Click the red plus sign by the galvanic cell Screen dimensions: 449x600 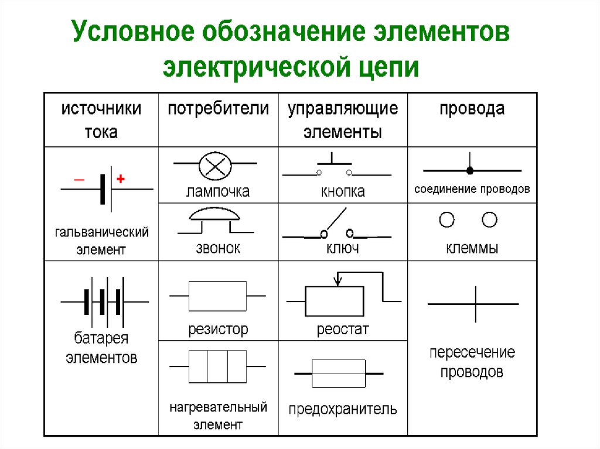point(121,180)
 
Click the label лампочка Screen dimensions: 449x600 point(218,191)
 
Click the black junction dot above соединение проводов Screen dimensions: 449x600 point(469,170)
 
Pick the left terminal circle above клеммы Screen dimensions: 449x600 point(447,220)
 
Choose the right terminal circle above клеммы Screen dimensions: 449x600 point(489,220)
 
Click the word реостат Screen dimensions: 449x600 point(343,330)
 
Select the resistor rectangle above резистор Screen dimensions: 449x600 point(217,296)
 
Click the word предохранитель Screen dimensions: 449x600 point(343,409)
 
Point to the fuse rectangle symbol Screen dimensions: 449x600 point(338,373)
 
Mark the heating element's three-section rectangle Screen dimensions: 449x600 point(217,366)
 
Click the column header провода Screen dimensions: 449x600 point(472,109)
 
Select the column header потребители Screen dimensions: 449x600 point(219,109)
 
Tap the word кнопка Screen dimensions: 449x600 point(343,191)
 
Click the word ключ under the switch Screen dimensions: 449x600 point(343,248)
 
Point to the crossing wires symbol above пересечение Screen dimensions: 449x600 point(475,304)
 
